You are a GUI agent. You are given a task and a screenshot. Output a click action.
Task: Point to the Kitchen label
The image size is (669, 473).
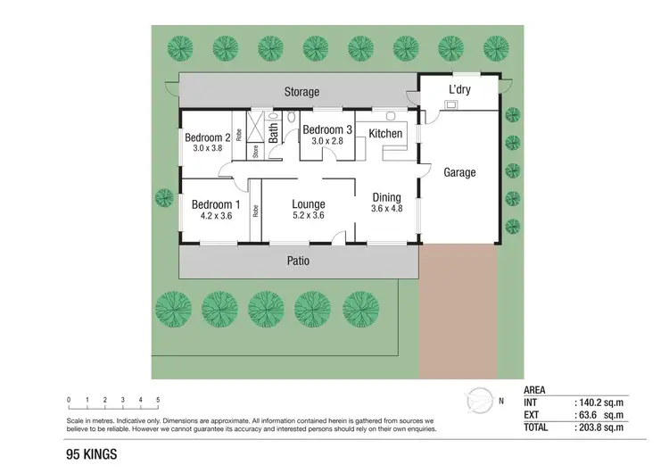(x=385, y=134)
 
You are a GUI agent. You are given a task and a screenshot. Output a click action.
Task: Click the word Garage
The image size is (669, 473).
(x=459, y=172)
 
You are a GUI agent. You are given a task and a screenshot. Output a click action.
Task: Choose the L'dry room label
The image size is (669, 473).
(x=459, y=90)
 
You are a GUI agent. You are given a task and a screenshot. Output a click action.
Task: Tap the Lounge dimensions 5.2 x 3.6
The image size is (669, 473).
(x=309, y=215)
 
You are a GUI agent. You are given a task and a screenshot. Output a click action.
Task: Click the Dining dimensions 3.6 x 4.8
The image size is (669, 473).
(x=386, y=209)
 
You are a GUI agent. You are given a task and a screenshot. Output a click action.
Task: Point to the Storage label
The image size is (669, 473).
(x=301, y=92)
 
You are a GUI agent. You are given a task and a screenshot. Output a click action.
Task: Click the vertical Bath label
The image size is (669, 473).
(x=274, y=132)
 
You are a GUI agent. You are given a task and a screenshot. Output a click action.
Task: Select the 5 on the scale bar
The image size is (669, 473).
(x=158, y=400)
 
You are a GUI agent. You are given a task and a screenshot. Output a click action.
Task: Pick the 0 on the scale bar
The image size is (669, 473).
(x=69, y=400)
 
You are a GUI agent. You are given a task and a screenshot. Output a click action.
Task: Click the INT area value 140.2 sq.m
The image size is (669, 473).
(x=599, y=402)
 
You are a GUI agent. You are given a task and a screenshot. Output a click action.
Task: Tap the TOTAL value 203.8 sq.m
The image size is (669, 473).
(x=599, y=427)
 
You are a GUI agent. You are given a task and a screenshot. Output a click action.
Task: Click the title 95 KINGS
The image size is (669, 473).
(x=91, y=453)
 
